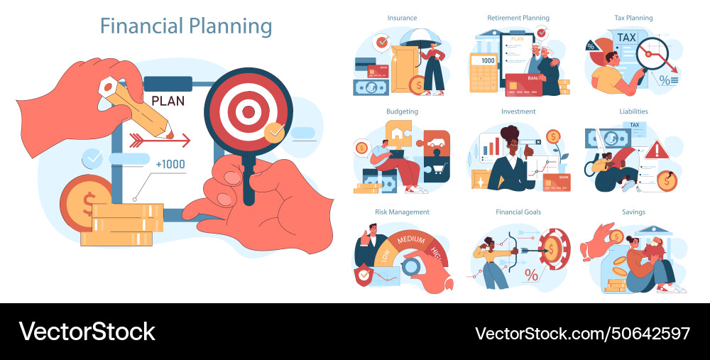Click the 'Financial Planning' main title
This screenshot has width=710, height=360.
[186, 26]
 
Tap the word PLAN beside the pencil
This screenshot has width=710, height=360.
[168, 101]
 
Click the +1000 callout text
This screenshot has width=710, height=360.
[170, 165]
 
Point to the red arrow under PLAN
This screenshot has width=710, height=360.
[163, 140]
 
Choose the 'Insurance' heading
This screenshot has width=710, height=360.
[402, 18]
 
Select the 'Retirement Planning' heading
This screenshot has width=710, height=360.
[518, 18]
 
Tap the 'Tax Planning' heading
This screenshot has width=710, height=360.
[633, 18]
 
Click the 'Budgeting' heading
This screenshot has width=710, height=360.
[402, 111]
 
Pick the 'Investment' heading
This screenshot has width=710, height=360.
[518, 111]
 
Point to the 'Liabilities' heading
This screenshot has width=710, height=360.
[633, 111]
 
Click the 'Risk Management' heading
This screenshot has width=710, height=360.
[402, 212]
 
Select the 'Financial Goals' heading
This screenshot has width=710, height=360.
[518, 212]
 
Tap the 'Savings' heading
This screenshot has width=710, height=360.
[633, 212]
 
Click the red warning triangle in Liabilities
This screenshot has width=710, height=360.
[657, 149]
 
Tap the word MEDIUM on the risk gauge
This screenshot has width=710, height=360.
[410, 240]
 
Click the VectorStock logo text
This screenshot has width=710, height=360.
[87, 332]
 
